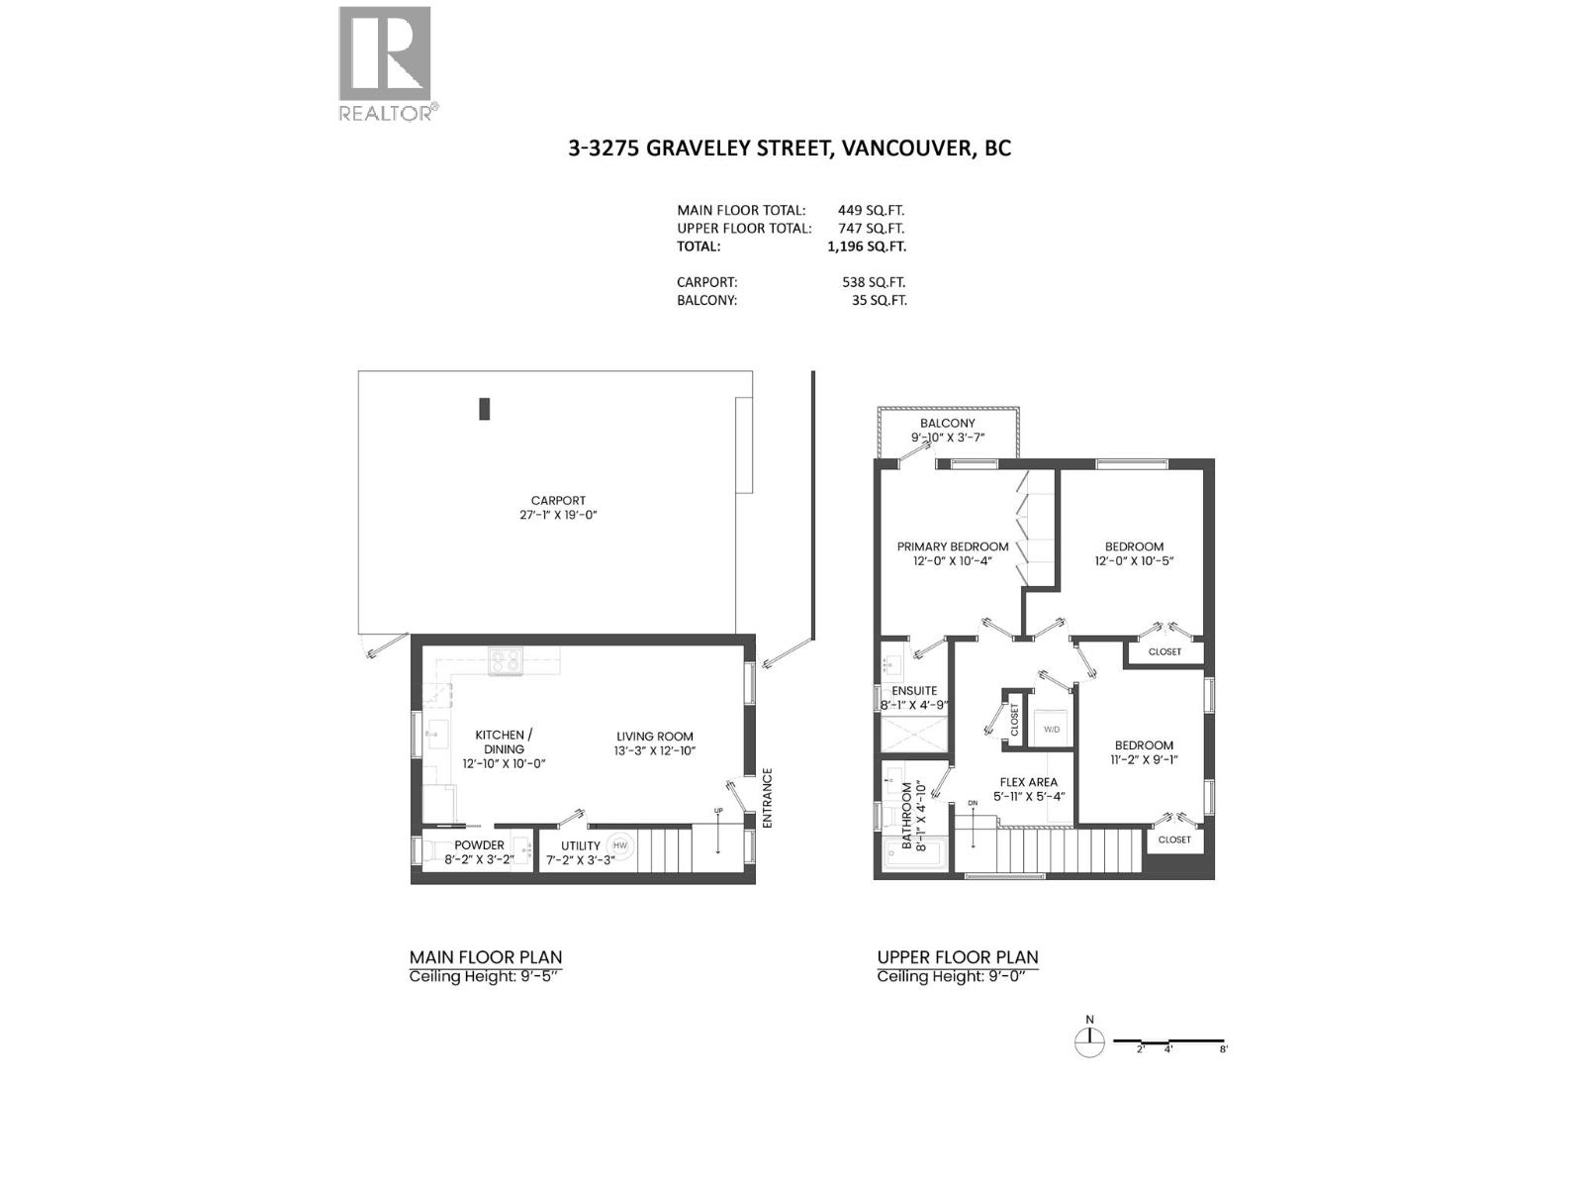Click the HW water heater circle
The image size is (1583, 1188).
pos(620,845)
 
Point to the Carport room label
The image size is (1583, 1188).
pos(558,501)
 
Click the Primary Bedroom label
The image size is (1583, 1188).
pos(953,546)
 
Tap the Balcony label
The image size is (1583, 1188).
pos(948,423)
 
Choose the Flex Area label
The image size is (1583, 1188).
pos(1029,782)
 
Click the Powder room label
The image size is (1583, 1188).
pos(480,845)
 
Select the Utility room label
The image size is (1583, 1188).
pos(581,845)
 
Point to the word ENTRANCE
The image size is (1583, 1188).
pos(767,798)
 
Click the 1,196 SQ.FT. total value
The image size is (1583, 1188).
pos(867,247)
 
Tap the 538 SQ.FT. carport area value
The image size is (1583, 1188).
pos(874,282)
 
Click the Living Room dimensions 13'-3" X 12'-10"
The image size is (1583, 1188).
pos(655,750)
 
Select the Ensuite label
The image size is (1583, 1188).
pos(914,691)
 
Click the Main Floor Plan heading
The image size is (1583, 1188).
pos(486,957)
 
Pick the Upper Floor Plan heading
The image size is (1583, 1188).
pos(958,957)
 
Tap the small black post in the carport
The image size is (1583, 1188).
pos(485,408)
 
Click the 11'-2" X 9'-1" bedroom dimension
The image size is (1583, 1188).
pos(1144,760)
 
